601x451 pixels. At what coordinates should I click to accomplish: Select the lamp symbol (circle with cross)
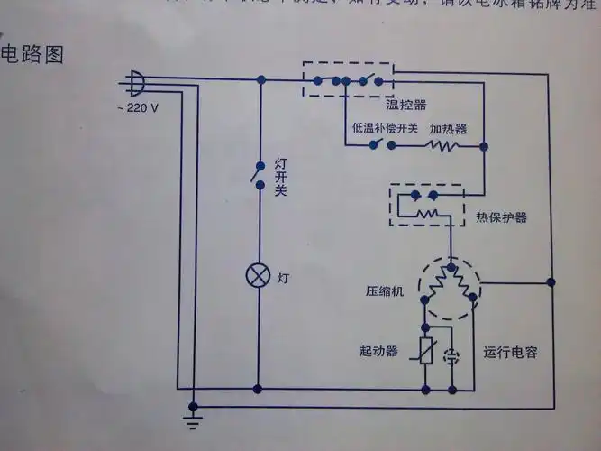tap(259, 276)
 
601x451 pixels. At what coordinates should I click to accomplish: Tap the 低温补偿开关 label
tap(385, 129)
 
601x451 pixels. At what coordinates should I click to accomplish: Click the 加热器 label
tap(448, 129)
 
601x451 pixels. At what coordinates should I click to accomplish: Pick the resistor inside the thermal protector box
tap(426, 215)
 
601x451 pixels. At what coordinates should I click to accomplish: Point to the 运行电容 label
tap(510, 352)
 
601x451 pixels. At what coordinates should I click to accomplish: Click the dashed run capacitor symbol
tap(454, 354)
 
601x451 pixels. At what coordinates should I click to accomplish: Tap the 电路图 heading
tap(33, 54)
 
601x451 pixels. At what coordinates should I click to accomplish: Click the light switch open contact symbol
tap(260, 175)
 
